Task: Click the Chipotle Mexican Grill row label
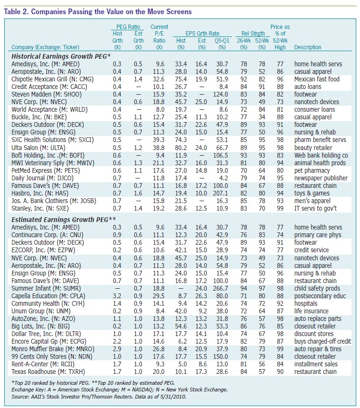point(53,80)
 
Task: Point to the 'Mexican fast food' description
point(317,79)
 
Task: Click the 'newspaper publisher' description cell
point(321,178)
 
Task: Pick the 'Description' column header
point(307,47)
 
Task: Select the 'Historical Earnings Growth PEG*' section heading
point(61,56)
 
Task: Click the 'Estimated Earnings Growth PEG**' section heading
point(64,220)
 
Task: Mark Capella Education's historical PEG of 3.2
point(117,296)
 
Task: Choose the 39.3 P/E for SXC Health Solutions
point(158,140)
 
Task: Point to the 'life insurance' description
point(311,311)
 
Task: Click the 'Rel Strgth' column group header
point(253,34)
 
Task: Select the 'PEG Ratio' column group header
point(128,27)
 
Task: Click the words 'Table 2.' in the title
point(17,12)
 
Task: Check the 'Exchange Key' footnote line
point(120,390)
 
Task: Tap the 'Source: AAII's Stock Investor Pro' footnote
point(99,397)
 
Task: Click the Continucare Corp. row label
point(47,235)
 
